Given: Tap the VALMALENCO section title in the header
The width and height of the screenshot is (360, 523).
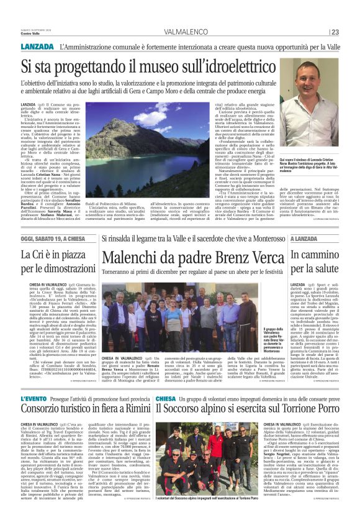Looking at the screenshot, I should point(186,33).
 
